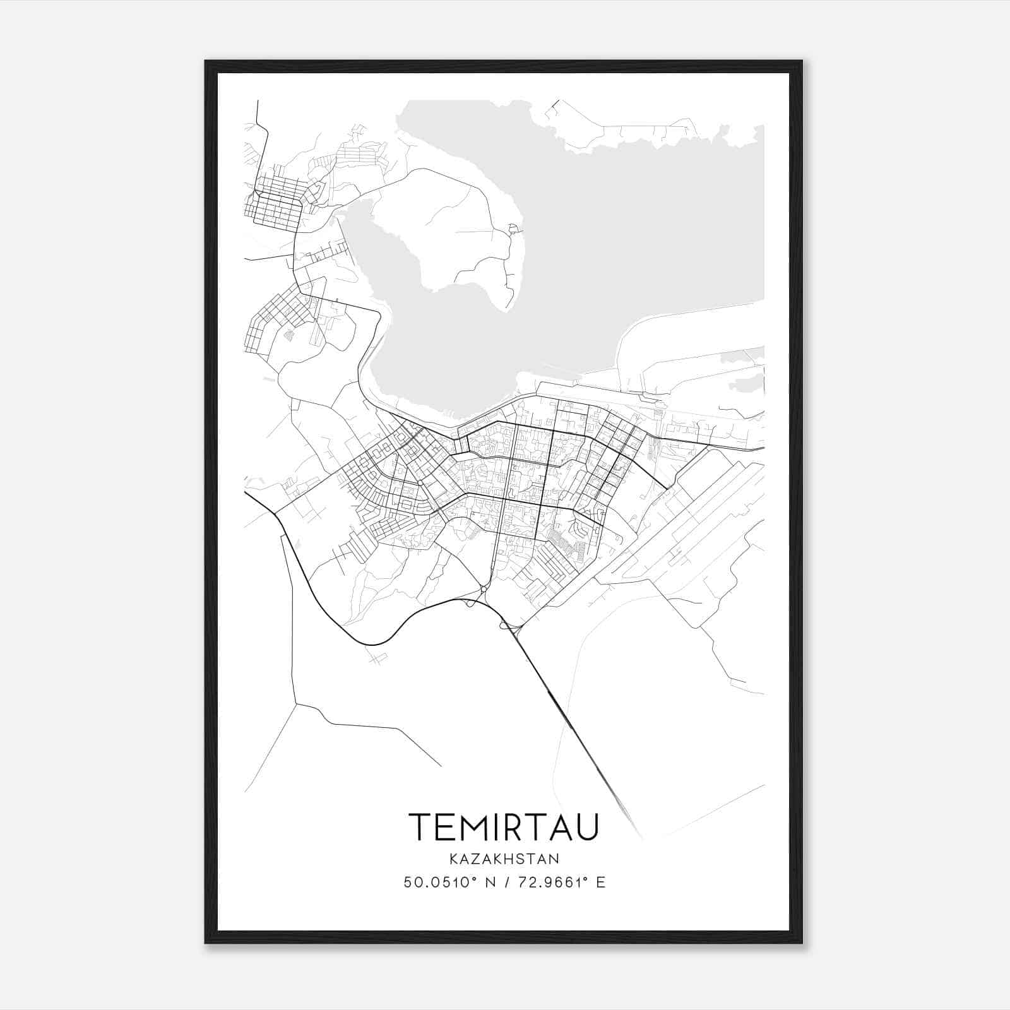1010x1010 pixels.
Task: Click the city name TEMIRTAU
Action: (x=503, y=827)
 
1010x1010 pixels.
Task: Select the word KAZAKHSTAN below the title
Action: (x=504, y=858)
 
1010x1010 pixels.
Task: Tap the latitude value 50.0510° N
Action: (x=447, y=882)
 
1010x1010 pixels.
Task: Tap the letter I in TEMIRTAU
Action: (x=499, y=827)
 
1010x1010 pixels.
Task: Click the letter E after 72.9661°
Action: (x=601, y=882)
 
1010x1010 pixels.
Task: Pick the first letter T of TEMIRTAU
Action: (x=420, y=827)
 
